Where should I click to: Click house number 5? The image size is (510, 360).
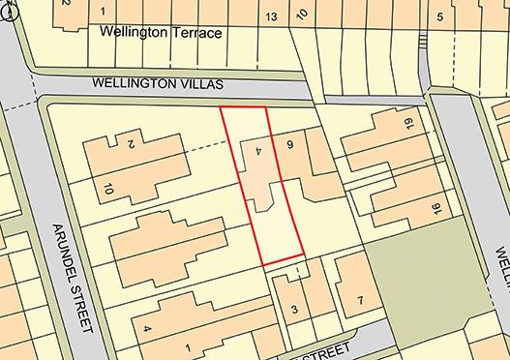(x=439, y=16)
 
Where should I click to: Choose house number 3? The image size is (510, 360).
(x=294, y=310)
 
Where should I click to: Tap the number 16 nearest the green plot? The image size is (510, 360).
(x=435, y=208)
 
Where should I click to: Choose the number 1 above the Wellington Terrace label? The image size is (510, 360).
(x=104, y=11)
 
